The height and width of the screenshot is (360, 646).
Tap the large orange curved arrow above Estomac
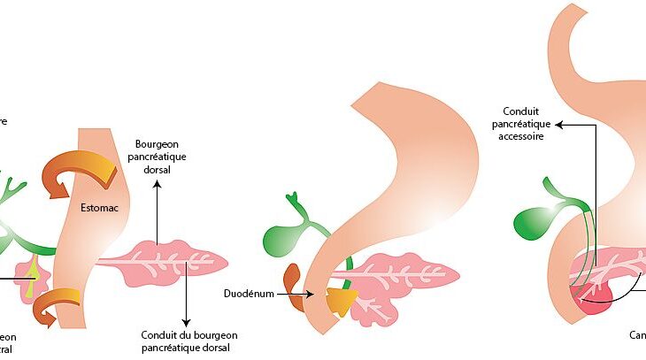pos(76,172)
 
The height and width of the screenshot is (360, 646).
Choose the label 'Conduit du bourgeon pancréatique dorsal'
pos(188,341)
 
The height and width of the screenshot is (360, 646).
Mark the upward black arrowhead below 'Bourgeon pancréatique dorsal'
pos(157,186)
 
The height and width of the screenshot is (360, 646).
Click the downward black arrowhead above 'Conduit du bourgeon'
pos(187,320)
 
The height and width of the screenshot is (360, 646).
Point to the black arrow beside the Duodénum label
pos(295,294)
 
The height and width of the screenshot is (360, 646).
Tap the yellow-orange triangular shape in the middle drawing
pos(339,301)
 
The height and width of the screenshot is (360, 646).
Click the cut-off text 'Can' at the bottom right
pos(637,336)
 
